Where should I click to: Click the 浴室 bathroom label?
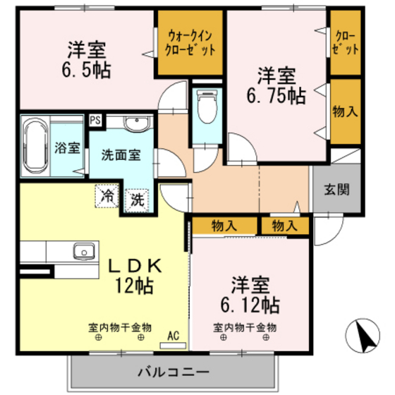(67, 148)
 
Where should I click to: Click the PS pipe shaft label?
(95, 120)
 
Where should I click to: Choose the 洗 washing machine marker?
(138, 199)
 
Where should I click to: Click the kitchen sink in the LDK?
(84, 250)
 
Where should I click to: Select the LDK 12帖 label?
(135, 276)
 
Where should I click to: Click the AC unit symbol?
(172, 339)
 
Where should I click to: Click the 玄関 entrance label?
(337, 189)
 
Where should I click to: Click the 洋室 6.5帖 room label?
(87, 60)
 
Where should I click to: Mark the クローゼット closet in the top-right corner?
(346, 43)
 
